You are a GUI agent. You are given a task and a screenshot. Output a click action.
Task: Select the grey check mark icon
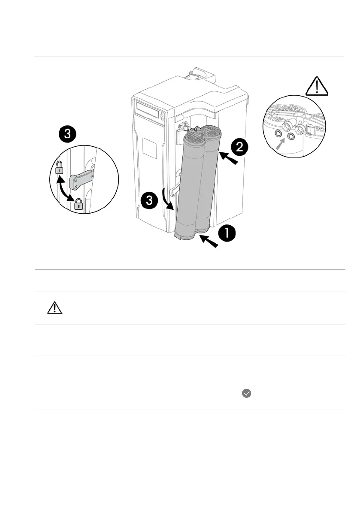pyautogui.click(x=246, y=393)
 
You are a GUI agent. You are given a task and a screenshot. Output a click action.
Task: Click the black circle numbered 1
pyautogui.click(x=227, y=234)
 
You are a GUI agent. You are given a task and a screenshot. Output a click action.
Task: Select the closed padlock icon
pyautogui.click(x=78, y=204)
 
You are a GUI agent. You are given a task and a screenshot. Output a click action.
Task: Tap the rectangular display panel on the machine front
pyautogui.click(x=147, y=109)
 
